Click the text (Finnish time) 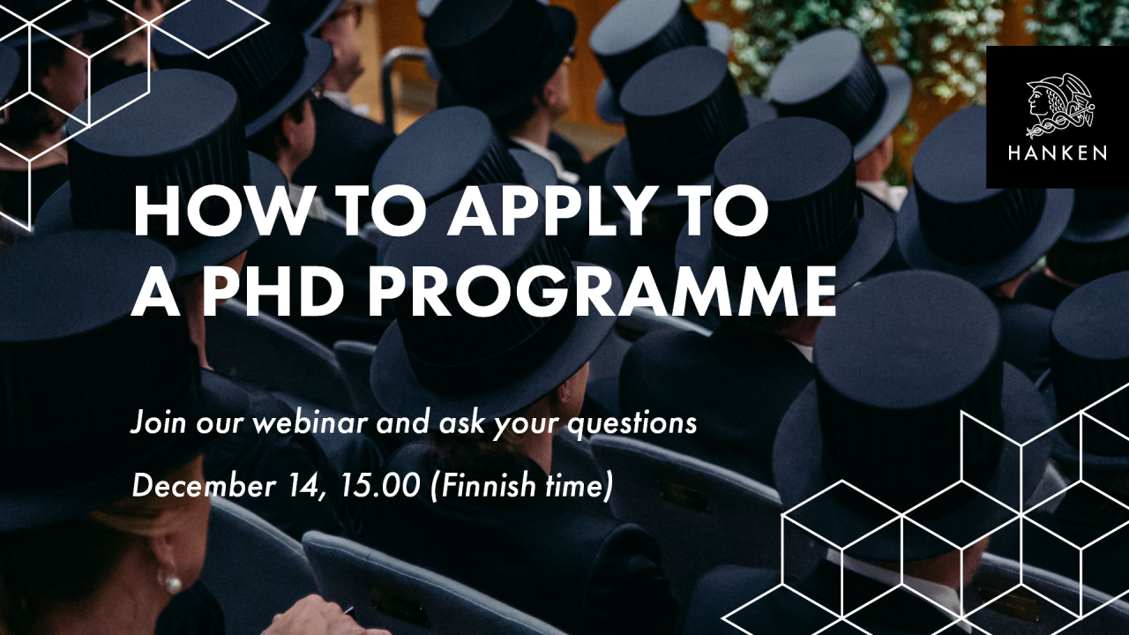pos(520,486)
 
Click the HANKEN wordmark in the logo pos(1057,153)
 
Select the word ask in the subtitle pos(462,423)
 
